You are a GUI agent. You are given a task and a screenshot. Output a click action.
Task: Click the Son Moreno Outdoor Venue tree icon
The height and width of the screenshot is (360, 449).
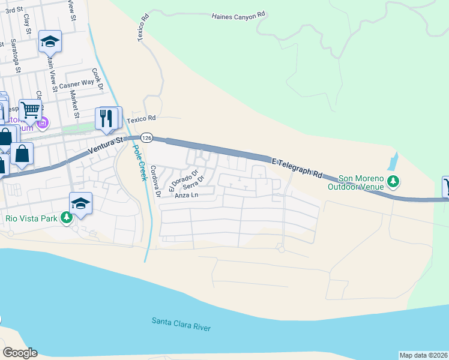click(x=393, y=181)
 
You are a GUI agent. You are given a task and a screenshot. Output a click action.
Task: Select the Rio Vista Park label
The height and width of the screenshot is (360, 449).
click(x=32, y=218)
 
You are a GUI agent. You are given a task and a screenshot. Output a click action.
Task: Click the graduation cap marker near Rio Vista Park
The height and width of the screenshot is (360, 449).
click(x=81, y=202)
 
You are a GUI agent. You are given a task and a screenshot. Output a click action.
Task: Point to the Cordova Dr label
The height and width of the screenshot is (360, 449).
click(x=155, y=182)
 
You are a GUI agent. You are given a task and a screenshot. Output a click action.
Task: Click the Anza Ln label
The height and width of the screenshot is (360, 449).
click(x=185, y=195)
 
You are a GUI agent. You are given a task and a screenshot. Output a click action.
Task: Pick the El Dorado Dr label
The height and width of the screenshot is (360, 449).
click(x=182, y=181)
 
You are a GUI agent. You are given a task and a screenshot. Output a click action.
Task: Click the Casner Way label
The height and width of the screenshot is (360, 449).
click(x=77, y=85)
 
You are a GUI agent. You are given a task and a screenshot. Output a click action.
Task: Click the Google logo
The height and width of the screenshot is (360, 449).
click(x=20, y=353)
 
